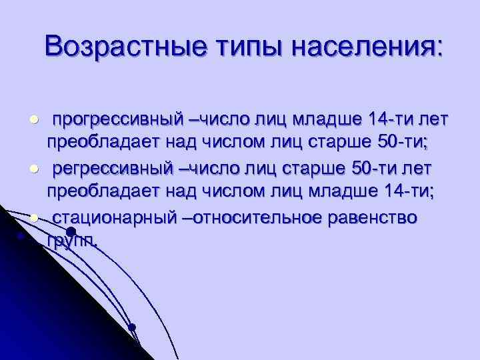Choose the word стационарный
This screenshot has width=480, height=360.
pos(114,218)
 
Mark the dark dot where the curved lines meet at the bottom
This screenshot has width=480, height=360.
pos(132,327)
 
